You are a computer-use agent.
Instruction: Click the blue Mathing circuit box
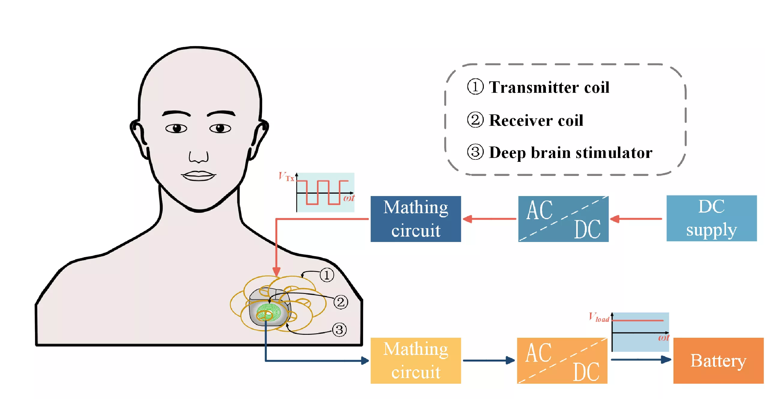coord(415,219)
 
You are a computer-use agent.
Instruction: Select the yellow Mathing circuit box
coord(415,360)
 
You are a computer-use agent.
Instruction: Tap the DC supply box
coord(711,218)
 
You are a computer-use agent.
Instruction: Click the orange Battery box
coord(718,360)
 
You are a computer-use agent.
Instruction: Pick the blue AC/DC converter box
coord(563,219)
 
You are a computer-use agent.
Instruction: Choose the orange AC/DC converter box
coord(562,360)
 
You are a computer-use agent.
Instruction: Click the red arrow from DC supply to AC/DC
coord(636,219)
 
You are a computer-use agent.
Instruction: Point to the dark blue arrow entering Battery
coord(641,359)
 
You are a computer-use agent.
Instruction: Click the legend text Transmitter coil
coord(549,87)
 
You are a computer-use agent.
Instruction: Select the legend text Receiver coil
coord(536,120)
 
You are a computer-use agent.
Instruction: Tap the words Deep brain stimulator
coord(570,153)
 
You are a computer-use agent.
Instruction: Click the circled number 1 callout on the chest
coord(327,275)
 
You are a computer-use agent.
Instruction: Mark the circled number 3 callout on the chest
coord(339,330)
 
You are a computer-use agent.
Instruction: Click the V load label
coord(599,317)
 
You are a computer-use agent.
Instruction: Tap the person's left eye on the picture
coord(176,128)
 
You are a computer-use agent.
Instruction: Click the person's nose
coord(198,157)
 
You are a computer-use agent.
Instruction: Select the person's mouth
coord(198,176)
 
